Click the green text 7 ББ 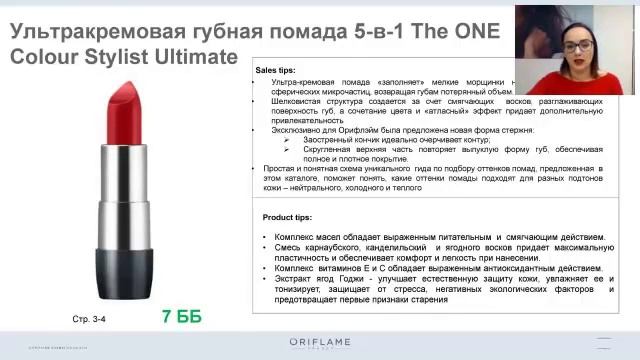[182, 317]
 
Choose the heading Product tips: [286, 217]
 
